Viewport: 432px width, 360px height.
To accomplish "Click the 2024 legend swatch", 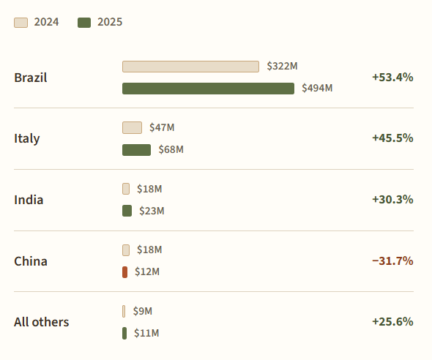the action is [x=21, y=23].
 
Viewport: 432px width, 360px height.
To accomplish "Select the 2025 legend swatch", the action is [x=84, y=23].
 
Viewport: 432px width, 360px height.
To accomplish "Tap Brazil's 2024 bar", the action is [x=190, y=67].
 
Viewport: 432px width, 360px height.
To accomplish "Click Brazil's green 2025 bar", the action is [x=208, y=89].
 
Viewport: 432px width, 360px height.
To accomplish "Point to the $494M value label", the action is [x=317, y=88].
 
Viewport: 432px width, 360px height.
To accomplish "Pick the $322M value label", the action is [x=282, y=66].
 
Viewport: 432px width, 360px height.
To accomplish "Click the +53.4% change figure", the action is [x=392, y=78].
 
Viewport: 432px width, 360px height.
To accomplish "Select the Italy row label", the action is [x=26, y=138].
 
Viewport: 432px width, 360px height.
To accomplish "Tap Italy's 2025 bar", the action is [x=137, y=150].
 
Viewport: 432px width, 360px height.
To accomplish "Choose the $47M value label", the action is [x=162, y=127].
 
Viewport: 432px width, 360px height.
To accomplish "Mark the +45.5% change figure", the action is [x=392, y=138].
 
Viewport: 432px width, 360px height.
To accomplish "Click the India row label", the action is [x=29, y=200].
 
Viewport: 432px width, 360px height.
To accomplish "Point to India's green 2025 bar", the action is [x=127, y=211].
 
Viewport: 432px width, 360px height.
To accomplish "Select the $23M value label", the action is [x=152, y=211].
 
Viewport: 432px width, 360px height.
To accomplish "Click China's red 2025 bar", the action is [x=124, y=272].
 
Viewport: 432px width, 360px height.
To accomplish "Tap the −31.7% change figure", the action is [x=392, y=260].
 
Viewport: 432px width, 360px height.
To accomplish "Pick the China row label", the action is [x=31, y=261].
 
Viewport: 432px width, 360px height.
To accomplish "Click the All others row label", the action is [x=41, y=322].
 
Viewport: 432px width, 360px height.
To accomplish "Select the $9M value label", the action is [x=143, y=311].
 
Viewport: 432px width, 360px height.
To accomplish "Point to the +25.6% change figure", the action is [x=392, y=321].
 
